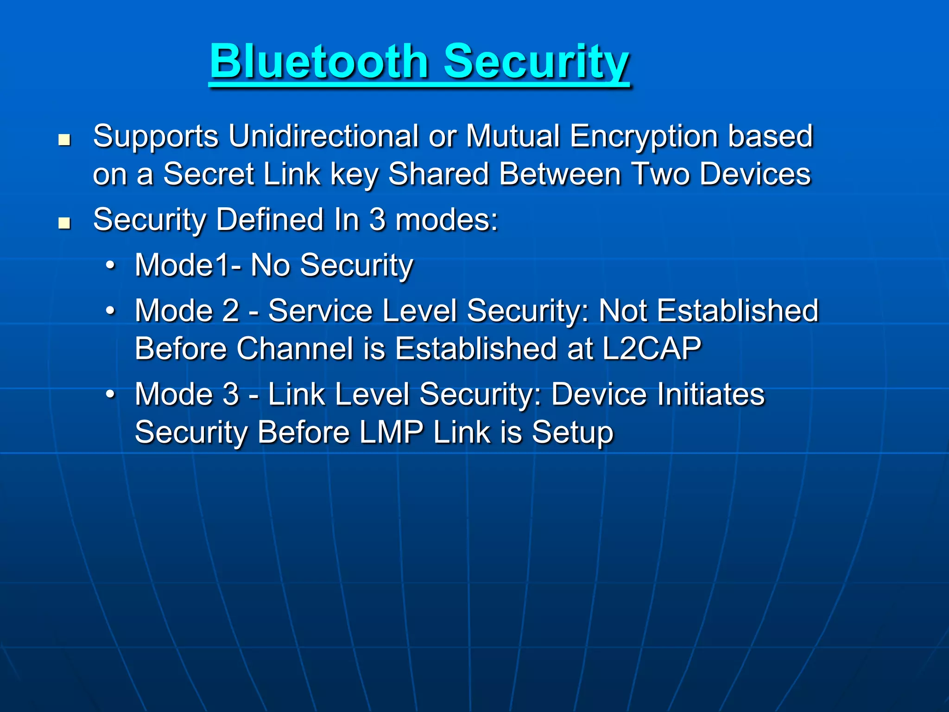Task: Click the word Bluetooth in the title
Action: [x=319, y=61]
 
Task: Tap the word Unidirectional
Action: [x=323, y=136]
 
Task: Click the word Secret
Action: [x=209, y=174]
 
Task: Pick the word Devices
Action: [x=755, y=174]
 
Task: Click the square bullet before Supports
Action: [x=64, y=140]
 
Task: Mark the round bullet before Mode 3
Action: [x=110, y=394]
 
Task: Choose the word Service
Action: [x=320, y=311]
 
